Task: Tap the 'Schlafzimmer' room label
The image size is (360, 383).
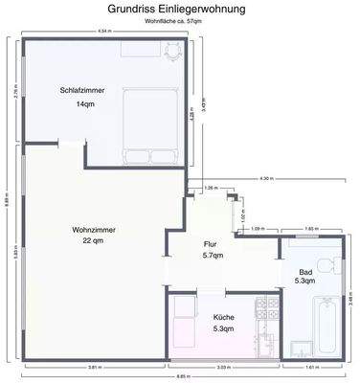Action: [82, 90]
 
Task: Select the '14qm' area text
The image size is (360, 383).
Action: [85, 104]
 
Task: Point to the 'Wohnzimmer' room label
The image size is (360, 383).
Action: [93, 229]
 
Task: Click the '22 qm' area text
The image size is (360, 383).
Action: [93, 241]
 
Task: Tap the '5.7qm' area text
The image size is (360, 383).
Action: [213, 257]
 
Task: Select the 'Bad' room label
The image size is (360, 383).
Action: [304, 271]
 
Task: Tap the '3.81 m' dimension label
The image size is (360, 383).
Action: [94, 368]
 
